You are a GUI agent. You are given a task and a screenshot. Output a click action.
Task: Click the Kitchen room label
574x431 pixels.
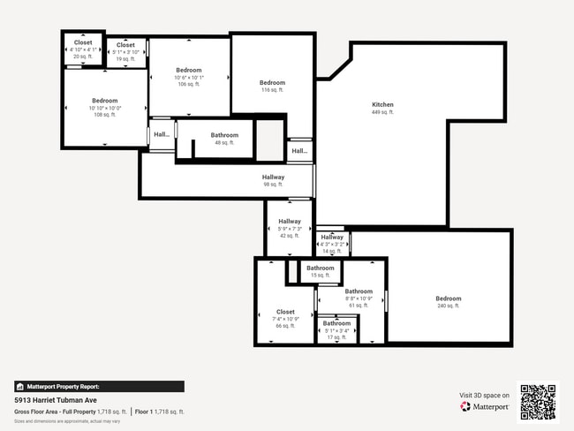click(x=382, y=105)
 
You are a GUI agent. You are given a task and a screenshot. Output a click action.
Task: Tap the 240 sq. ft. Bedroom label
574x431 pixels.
click(x=448, y=299)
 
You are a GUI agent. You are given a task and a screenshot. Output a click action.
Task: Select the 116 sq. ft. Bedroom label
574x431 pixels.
click(x=272, y=83)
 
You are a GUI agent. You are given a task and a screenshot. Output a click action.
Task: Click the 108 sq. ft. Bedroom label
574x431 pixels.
click(x=104, y=101)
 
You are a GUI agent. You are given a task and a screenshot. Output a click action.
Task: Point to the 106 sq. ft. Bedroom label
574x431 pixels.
click(x=188, y=71)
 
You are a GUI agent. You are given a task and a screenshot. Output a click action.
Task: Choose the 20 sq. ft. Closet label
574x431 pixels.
click(x=82, y=42)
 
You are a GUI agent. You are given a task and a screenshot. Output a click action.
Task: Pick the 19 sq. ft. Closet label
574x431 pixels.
click(x=125, y=45)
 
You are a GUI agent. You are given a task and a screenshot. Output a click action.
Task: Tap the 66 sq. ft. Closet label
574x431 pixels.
click(x=285, y=312)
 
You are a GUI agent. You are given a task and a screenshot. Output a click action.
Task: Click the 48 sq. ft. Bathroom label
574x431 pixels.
click(x=224, y=135)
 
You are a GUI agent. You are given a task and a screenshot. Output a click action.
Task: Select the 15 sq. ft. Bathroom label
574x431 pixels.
click(x=320, y=268)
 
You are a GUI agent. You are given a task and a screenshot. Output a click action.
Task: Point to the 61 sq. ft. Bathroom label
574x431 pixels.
click(x=359, y=291)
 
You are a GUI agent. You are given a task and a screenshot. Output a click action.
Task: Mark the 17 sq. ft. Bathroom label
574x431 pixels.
click(x=336, y=323)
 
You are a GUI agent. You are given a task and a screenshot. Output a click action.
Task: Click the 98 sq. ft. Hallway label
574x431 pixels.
click(x=273, y=178)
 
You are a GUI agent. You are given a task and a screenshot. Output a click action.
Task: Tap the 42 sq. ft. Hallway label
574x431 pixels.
click(x=290, y=222)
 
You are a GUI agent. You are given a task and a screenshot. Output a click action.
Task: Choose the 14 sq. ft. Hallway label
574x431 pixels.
click(x=332, y=238)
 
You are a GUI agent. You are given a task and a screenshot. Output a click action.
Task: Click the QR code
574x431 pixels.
click(x=538, y=401)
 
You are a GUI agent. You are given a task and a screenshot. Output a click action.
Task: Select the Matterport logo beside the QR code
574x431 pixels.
click(x=485, y=406)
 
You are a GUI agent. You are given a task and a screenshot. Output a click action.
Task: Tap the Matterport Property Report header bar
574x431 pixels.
click(x=99, y=386)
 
